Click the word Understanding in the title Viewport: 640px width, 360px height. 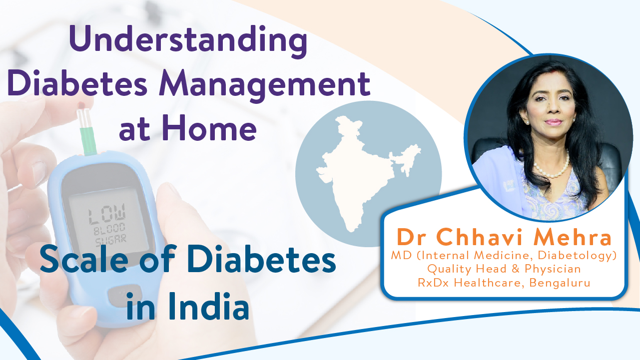[188, 41]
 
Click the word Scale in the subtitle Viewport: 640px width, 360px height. [84, 260]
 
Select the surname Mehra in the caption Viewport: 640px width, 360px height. [572, 237]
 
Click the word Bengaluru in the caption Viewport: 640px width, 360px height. [560, 283]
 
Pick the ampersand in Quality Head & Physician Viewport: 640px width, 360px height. [515, 269]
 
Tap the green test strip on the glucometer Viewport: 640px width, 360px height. [88, 141]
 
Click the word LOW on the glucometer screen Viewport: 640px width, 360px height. [106, 214]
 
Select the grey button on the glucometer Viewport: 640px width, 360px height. [124, 296]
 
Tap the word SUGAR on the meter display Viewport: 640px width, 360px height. [111, 240]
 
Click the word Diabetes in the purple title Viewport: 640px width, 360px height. [77, 85]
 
